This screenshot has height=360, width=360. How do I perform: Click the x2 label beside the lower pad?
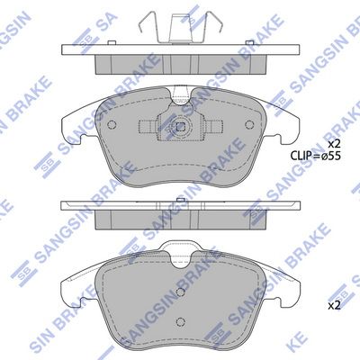pyautogui.click(x=333, y=305)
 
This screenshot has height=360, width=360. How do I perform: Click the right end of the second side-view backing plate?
pyautogui.click(x=300, y=207)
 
